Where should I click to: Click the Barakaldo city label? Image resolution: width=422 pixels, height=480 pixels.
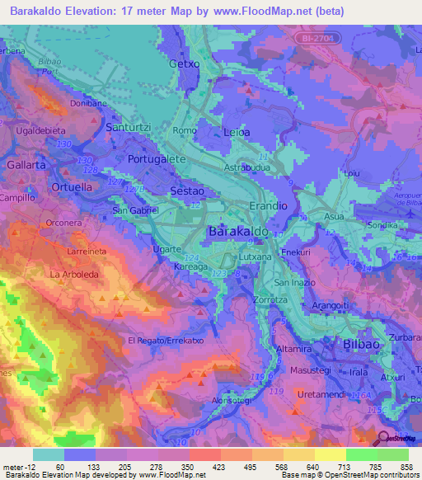point(239,233)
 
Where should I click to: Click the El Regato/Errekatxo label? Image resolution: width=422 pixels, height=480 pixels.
point(166,340)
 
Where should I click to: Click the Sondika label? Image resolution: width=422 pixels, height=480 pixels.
point(382,224)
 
